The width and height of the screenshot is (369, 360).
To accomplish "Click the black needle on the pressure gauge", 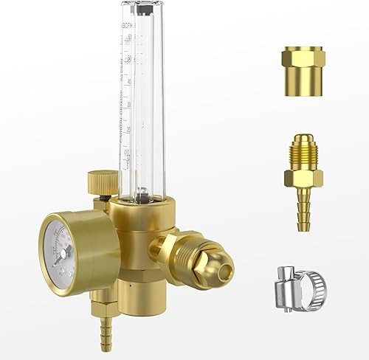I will point(66,251).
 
